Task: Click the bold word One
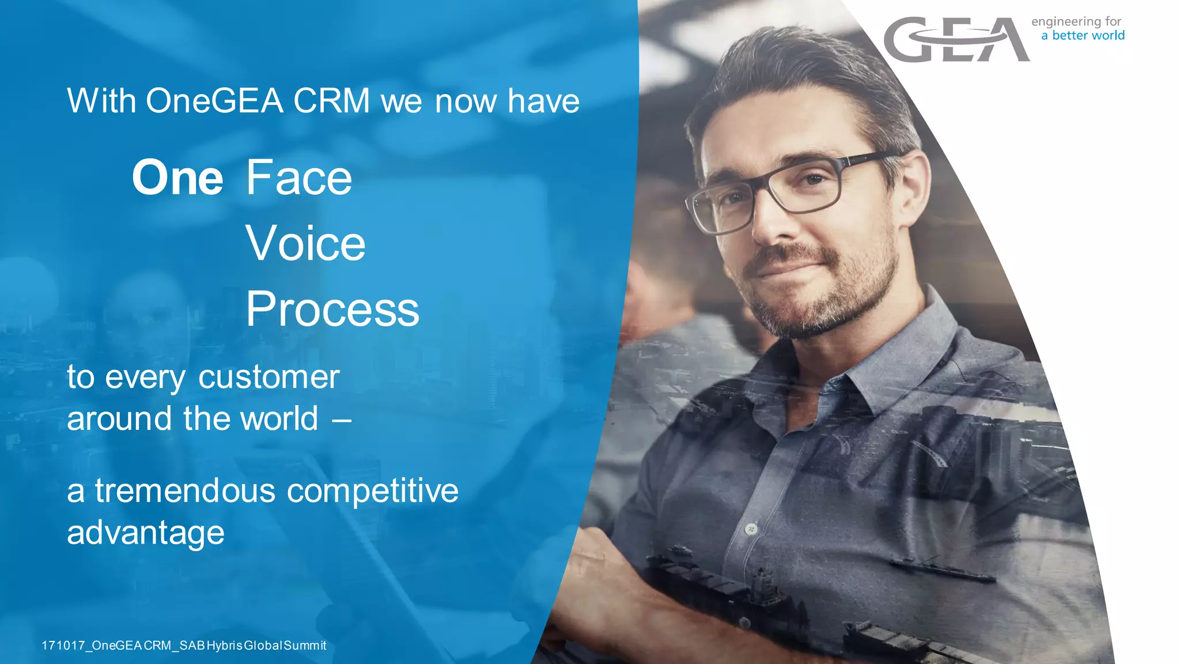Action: point(177,178)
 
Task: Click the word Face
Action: point(299,178)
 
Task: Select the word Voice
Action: point(305,244)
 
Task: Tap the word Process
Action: point(332,310)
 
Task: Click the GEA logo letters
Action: point(956,40)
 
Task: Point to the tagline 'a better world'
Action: point(1083,36)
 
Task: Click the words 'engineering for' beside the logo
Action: point(1076,22)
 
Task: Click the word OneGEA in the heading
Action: point(214,101)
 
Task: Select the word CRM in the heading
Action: point(331,101)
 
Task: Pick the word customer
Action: point(269,378)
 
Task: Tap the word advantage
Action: point(145,533)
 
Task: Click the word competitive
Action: point(373,491)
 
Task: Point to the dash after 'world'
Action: point(342,420)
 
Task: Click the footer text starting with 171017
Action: point(184,646)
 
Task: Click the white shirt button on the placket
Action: point(751,528)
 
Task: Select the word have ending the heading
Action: point(543,101)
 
